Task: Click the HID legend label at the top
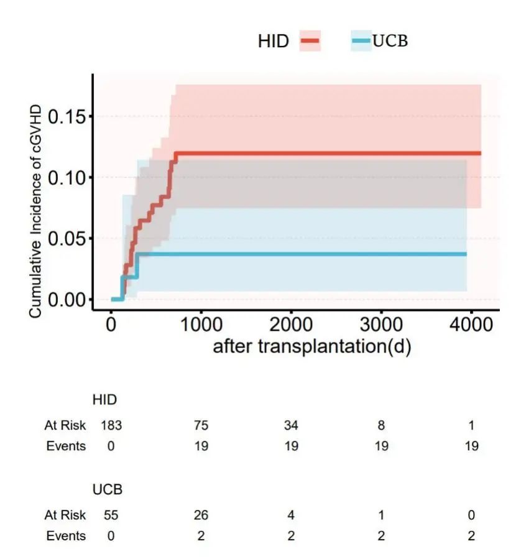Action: click(274, 42)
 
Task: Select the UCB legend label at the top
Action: click(390, 41)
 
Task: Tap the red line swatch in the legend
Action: click(310, 41)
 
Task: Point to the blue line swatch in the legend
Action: click(361, 41)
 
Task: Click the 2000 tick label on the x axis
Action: click(291, 325)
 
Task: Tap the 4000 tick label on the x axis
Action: click(471, 325)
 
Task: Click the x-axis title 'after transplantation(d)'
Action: click(312, 346)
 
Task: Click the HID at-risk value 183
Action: click(111, 426)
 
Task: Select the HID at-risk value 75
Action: click(201, 426)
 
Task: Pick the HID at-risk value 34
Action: click(291, 426)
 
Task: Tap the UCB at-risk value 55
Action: click(111, 515)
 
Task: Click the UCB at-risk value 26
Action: click(201, 515)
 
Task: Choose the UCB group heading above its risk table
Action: click(108, 489)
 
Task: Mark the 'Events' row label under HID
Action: click(66, 446)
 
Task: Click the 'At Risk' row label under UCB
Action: click(65, 515)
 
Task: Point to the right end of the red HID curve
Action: click(480, 153)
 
